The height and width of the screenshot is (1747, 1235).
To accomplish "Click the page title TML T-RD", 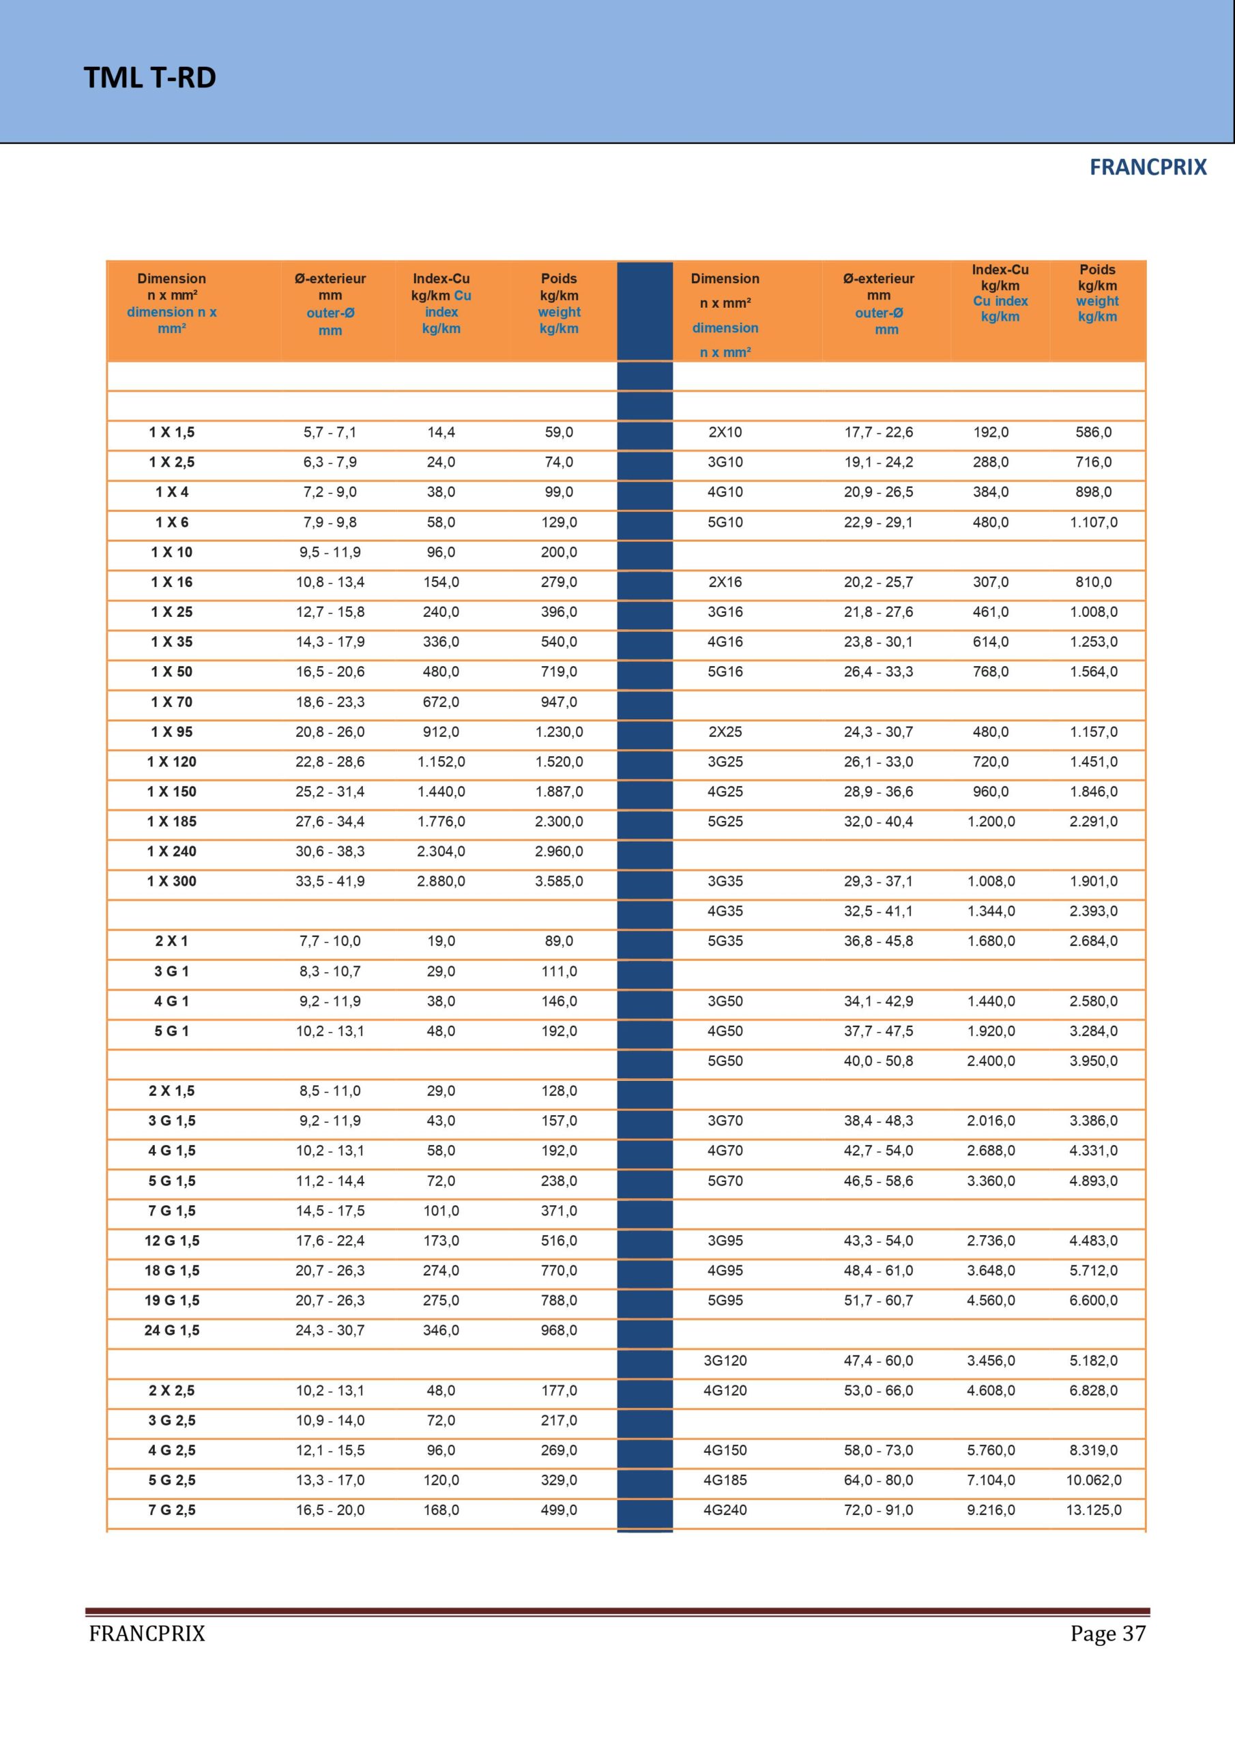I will point(150,78).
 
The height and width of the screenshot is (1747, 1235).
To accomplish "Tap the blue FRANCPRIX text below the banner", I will point(1148,167).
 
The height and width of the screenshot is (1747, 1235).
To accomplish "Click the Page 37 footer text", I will point(1107,1633).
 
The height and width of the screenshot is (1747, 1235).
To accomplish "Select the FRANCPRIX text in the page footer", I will point(147,1634).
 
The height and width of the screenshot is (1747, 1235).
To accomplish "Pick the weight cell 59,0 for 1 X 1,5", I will point(559,432).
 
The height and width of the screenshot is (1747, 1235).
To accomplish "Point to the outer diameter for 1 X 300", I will point(330,881).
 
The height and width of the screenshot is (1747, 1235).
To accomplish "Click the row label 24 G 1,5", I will point(172,1330).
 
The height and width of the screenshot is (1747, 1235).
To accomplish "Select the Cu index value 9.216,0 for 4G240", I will point(991,1510).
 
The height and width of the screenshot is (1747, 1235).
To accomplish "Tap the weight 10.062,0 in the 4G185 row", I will point(1094,1480).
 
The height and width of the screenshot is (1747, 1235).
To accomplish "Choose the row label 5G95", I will point(725,1301).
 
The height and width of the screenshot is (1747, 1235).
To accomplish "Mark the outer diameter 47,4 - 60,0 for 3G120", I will point(878,1361).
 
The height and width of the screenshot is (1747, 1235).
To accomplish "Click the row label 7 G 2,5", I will point(172,1510).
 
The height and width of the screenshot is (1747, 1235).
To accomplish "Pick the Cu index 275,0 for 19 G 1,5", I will point(441,1301).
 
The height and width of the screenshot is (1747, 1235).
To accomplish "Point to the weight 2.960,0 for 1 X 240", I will point(559,852).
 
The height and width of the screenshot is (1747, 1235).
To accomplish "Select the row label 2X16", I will point(725,582).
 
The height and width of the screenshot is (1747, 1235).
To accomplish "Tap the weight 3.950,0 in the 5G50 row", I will point(1094,1060).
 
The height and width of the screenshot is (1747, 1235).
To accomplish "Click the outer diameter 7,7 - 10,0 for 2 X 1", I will point(330,941).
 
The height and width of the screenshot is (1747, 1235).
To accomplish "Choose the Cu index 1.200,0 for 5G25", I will point(991,822).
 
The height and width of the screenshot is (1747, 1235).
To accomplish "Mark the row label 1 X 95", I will point(172,732).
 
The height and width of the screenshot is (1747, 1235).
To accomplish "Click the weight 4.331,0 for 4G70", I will point(1094,1151).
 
